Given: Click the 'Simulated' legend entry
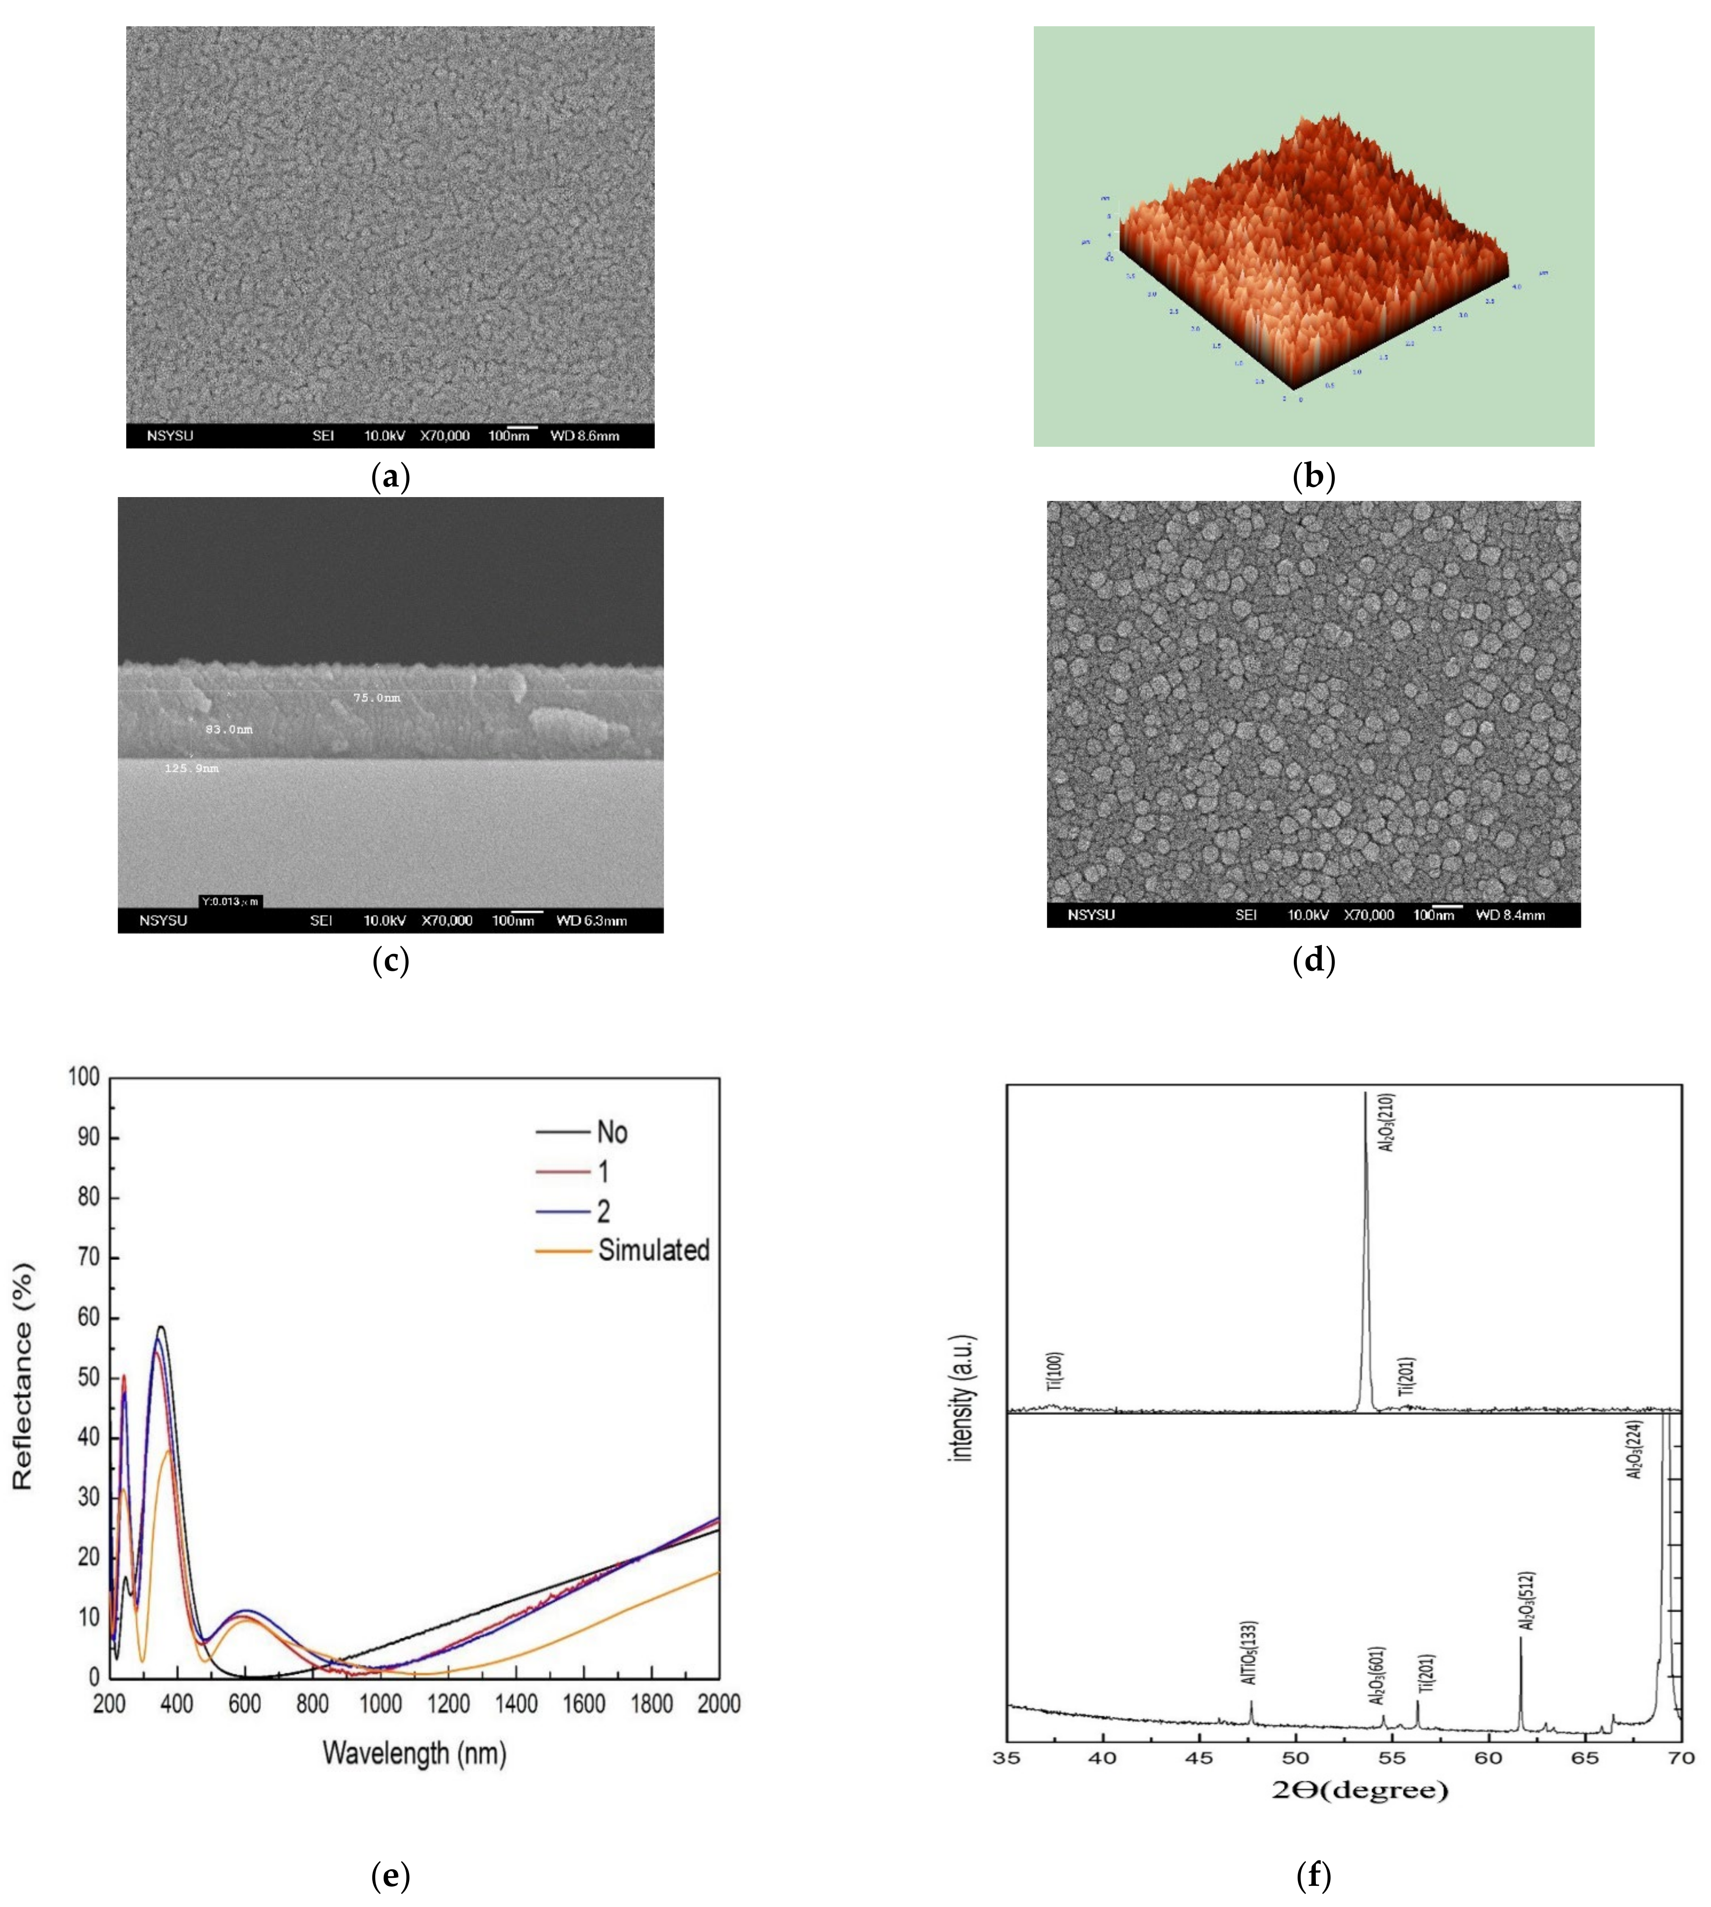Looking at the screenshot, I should click(653, 1250).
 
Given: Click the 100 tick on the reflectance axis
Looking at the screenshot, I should click(84, 1077).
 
